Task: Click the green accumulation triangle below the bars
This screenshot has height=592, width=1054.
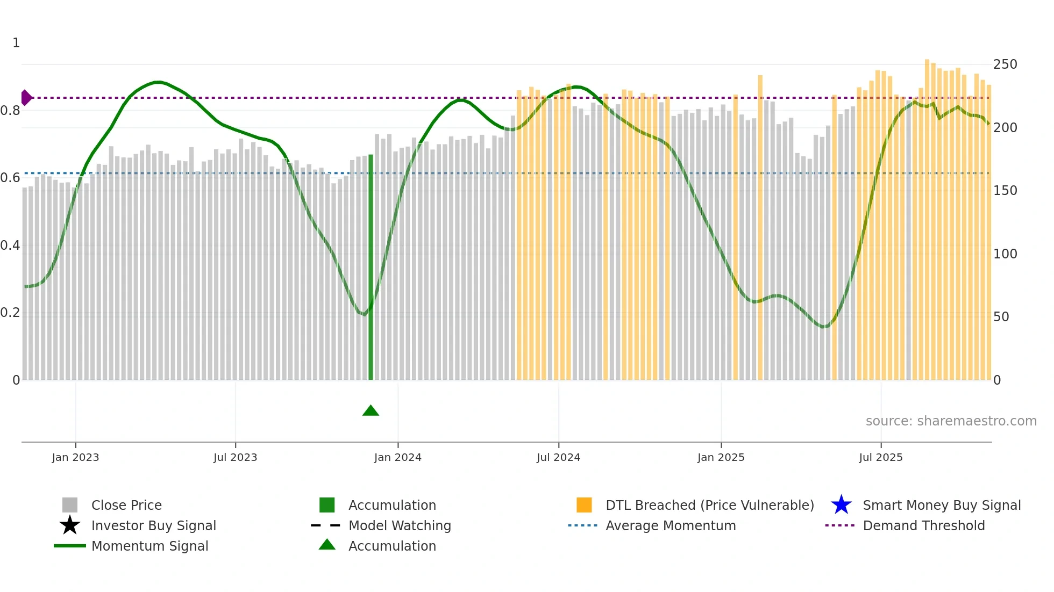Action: [x=371, y=411]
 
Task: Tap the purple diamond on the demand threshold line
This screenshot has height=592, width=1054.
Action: [x=26, y=98]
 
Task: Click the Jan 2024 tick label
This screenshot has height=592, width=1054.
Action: [x=397, y=457]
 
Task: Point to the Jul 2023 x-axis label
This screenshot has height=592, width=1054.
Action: [x=235, y=457]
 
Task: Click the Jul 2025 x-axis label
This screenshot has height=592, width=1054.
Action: [x=880, y=457]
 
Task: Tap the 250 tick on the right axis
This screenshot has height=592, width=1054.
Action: [x=1005, y=64]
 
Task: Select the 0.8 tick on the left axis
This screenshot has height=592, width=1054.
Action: [x=10, y=111]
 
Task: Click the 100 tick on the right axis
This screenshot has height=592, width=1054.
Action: [x=1005, y=254]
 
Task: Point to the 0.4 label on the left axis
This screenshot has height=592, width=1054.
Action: [x=10, y=246]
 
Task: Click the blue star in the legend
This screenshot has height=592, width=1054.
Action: [x=841, y=505]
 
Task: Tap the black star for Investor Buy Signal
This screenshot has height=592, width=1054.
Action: [x=70, y=525]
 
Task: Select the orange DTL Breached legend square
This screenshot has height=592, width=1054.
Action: [x=584, y=505]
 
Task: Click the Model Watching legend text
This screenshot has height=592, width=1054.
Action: [x=400, y=525]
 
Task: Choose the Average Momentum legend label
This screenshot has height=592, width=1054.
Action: [x=671, y=525]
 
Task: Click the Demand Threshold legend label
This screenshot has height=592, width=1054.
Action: [x=923, y=525]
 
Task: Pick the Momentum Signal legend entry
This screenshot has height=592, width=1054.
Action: [x=149, y=546]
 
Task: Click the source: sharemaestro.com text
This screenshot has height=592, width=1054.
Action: [x=951, y=421]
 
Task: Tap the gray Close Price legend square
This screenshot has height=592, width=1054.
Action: [x=70, y=505]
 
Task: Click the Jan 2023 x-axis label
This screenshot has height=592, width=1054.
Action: [x=75, y=457]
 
